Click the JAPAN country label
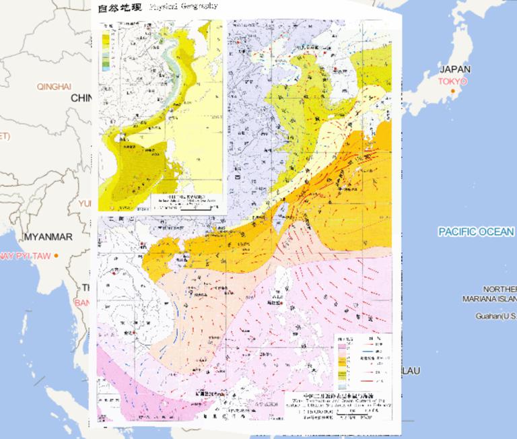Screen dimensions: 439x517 point(455,69)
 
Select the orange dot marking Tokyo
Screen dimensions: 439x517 point(454,91)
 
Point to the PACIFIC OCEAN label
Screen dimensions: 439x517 point(477,232)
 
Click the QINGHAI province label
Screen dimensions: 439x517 point(54,86)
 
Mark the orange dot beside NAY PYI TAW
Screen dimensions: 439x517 point(57,256)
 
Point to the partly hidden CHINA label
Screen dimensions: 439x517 point(80,98)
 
